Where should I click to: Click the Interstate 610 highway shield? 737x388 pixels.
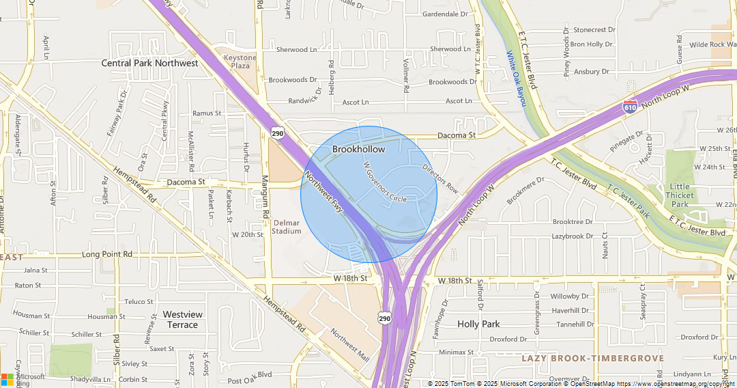coord(630,106)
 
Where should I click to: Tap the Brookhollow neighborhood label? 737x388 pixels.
coord(358,149)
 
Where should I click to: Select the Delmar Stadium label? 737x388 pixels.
coord(287,227)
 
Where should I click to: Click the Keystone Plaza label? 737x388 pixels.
coord(240,62)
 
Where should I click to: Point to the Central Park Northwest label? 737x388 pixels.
coord(149,63)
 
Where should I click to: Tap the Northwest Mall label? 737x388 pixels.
coord(349,346)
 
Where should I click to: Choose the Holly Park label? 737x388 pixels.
coord(478,324)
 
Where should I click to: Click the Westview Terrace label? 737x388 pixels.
coord(183,319)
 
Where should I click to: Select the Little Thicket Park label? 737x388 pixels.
coord(680,195)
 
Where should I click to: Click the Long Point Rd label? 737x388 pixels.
coord(107,254)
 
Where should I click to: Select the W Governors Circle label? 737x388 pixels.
coord(385,182)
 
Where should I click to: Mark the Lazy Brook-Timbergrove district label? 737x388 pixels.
coord(592,358)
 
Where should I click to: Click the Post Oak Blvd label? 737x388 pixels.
coord(250,374)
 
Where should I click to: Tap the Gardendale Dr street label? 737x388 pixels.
coord(445,14)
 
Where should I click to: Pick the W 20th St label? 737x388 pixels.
coord(247,234)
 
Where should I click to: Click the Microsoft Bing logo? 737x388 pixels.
coord(23,380)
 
